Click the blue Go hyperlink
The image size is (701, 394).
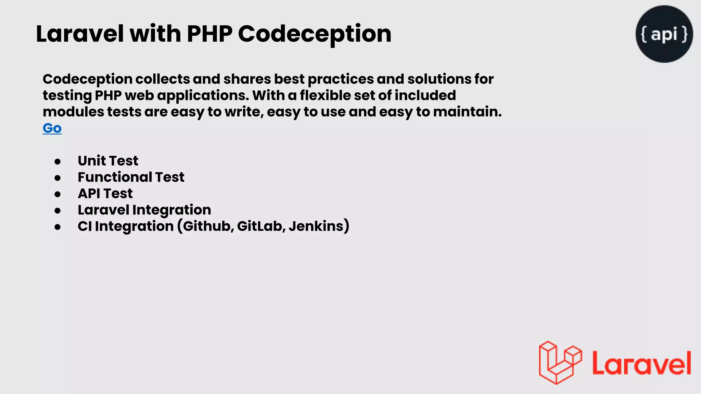[x=52, y=128]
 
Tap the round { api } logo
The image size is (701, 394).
[x=664, y=34]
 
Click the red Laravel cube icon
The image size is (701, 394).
[x=560, y=363]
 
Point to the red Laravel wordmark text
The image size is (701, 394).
[x=641, y=363]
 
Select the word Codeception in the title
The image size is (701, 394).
[x=314, y=34]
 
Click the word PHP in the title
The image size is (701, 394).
[x=209, y=34]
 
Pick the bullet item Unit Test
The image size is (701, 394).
[x=108, y=161]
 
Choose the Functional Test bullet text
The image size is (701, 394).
[x=131, y=177]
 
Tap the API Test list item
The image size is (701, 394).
[x=105, y=194]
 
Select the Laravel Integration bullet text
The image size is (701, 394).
[x=144, y=210]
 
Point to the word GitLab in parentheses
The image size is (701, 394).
[x=259, y=226]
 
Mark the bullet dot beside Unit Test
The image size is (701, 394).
[x=58, y=161]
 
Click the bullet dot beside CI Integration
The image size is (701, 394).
[x=58, y=227]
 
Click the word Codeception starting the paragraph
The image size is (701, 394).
[x=88, y=79]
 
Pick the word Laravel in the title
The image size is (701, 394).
[x=80, y=34]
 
